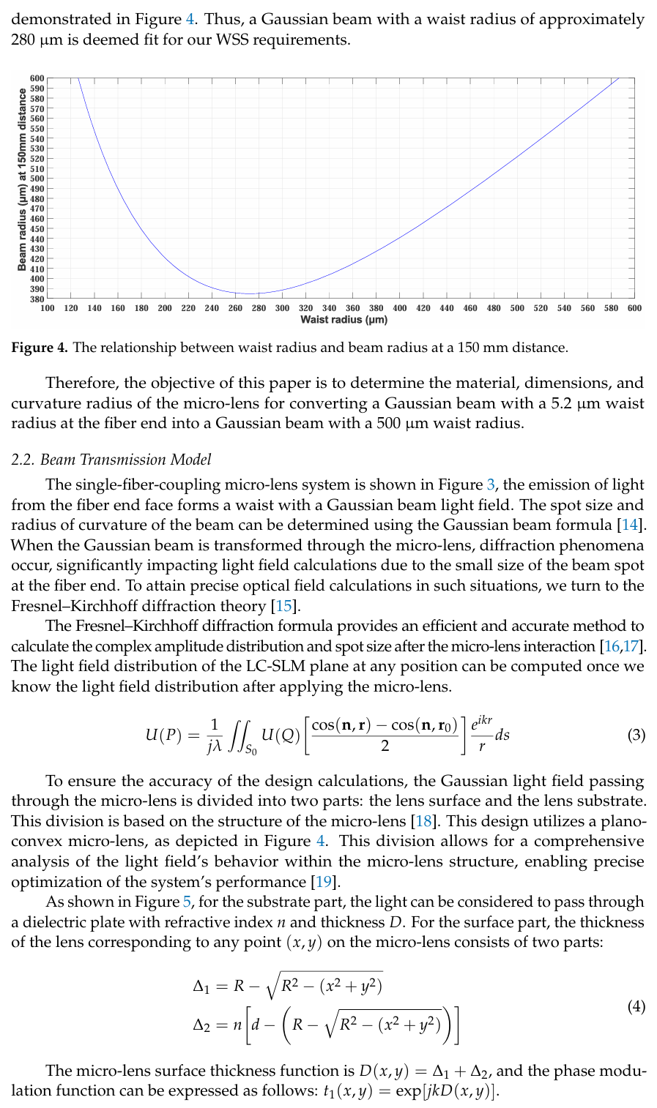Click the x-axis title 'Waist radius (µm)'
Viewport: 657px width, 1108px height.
344,320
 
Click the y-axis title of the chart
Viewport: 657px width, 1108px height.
22,179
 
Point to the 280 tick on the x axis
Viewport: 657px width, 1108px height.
259,308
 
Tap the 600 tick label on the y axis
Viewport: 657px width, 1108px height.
37,78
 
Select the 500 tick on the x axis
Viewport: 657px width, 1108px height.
517,308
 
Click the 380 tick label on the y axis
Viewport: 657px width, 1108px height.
37,299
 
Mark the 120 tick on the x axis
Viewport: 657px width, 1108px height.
71,308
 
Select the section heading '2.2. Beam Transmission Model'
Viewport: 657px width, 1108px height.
111,460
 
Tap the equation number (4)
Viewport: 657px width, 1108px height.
636,1007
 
